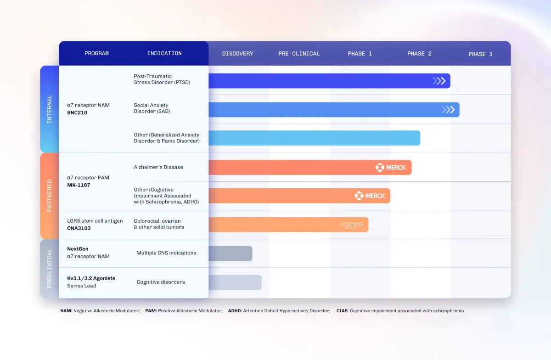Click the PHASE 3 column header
coord(480,54)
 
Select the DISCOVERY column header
coord(237,54)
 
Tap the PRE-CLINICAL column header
coord(299,54)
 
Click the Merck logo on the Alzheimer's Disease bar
coord(391,168)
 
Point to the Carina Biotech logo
coord(352,225)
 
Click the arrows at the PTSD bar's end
coord(439,81)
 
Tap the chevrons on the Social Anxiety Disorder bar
coord(448,110)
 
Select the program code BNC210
coord(77,112)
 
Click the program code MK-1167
coord(79,185)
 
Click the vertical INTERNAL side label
coord(50,109)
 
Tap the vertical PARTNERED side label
coord(50,196)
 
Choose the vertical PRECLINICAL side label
coord(50,269)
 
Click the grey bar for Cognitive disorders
coord(235,282)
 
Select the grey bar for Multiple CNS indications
coord(230,253)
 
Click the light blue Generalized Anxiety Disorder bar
coord(314,138)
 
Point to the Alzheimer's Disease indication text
coord(158,167)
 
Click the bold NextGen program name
coord(78,249)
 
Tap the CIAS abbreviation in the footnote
coord(342,311)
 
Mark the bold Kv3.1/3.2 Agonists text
coord(91,278)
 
